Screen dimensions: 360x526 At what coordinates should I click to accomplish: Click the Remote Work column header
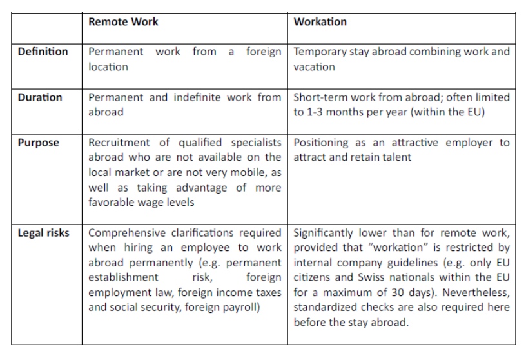(123, 22)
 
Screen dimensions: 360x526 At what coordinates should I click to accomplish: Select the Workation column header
(320, 22)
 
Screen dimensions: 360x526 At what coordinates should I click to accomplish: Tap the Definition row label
(43, 52)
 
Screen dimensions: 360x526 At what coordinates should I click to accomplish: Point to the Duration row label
(40, 98)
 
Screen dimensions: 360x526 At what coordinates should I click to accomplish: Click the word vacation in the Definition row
(314, 66)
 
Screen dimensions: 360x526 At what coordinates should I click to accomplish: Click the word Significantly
(324, 232)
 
